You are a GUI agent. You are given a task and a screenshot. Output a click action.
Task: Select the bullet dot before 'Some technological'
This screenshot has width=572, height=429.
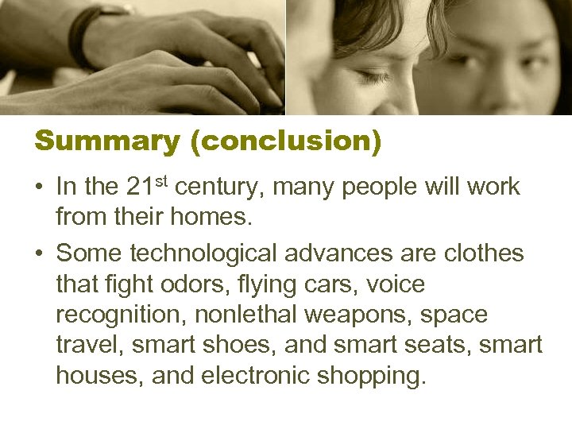coord(39,254)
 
